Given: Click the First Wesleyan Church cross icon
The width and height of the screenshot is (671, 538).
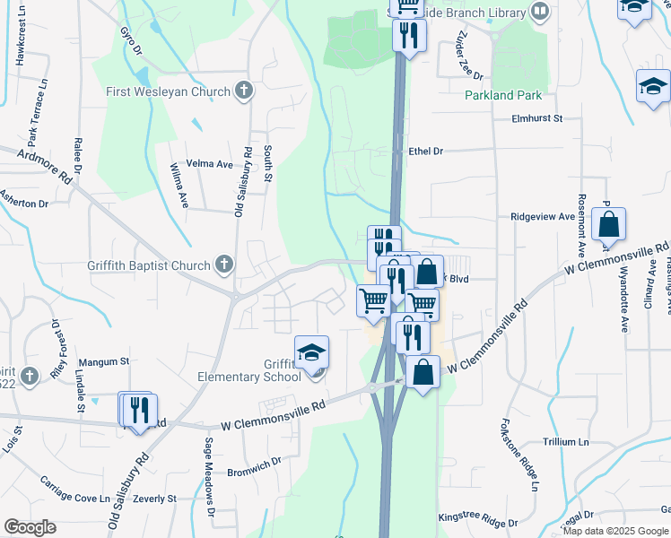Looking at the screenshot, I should click(243, 90).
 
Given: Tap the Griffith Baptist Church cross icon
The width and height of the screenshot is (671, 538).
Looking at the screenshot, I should click(223, 265).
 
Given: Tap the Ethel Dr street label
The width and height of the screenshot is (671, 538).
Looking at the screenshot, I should click(426, 152).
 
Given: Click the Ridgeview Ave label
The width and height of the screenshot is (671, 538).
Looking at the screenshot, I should click(542, 217).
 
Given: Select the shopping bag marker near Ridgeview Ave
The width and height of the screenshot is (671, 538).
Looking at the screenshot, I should click(608, 225).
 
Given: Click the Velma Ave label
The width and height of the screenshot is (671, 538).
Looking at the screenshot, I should click(209, 164).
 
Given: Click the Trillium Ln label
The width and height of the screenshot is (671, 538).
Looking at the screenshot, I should click(565, 442).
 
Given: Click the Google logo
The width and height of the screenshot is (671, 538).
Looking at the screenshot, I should click(30, 527).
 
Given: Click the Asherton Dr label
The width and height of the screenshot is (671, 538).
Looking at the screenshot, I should click(24, 203).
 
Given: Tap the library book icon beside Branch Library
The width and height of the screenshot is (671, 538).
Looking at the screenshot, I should click(540, 11).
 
